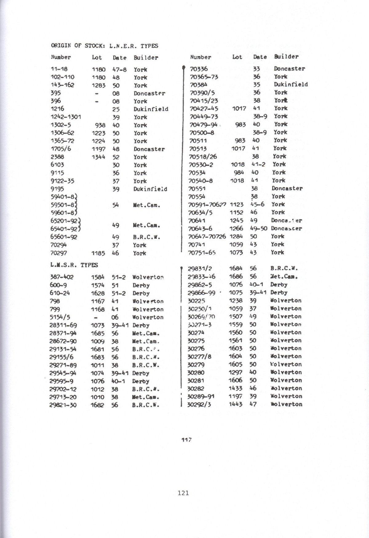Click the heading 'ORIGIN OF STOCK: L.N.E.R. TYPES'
(x=105, y=46)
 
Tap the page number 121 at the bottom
(x=183, y=493)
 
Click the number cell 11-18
(x=59, y=69)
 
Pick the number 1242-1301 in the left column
(x=66, y=117)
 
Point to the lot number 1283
(x=98, y=85)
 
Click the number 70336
(x=199, y=69)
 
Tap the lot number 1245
(x=236, y=220)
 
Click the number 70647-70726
(x=207, y=236)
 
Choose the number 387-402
(x=61, y=277)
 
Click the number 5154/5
(x=60, y=317)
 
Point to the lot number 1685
(x=97, y=333)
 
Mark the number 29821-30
(x=63, y=405)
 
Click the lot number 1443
(x=236, y=404)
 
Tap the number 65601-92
(x=64, y=237)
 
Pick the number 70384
(x=198, y=85)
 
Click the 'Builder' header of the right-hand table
(x=286, y=57)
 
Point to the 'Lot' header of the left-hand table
(x=97, y=57)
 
